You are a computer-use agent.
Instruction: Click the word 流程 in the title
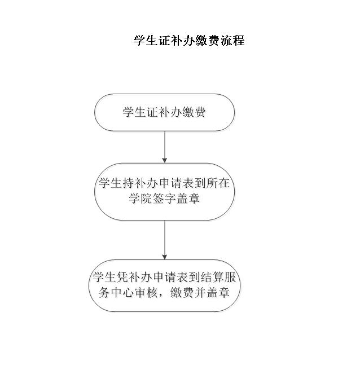tap(232, 41)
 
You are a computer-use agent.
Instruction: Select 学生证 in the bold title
tap(152, 41)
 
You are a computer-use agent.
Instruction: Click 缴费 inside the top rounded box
tap(194, 112)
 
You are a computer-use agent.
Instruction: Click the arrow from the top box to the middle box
tap(164, 147)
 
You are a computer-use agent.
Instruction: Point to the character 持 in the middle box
tap(128, 183)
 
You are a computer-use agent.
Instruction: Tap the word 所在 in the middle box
tap(218, 183)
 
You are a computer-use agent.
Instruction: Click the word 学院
tap(141, 199)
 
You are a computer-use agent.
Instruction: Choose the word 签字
tap(164, 199)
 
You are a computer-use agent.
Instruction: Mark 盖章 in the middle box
tap(188, 199)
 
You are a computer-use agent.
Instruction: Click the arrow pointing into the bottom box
tap(164, 240)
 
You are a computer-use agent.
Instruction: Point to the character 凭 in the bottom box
tap(122, 277)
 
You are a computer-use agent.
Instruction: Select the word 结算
tap(212, 277)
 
